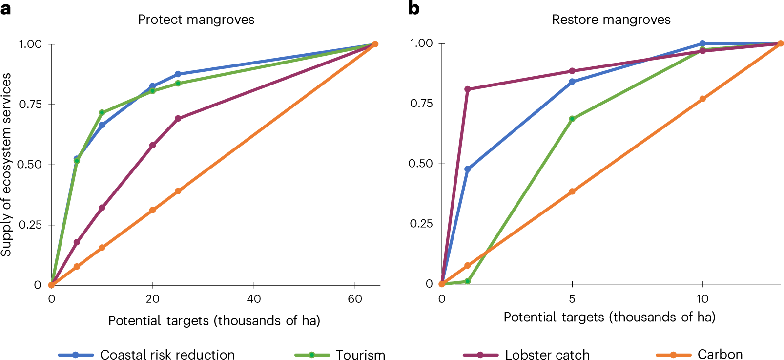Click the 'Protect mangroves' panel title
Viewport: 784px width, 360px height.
pyautogui.click(x=196, y=20)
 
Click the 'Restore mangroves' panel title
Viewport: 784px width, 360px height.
pyautogui.click(x=611, y=20)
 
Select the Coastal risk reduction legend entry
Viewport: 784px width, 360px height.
pyautogui.click(x=167, y=355)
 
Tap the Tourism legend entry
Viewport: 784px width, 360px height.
pyautogui.click(x=360, y=355)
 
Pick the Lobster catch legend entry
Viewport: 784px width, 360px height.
pyautogui.click(x=547, y=355)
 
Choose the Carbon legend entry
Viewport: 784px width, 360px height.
pyautogui.click(x=720, y=355)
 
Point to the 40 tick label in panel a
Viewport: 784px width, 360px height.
pyautogui.click(x=254, y=299)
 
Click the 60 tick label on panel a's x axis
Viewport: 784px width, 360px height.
pyautogui.click(x=355, y=299)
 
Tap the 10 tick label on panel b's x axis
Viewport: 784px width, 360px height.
pyautogui.click(x=702, y=298)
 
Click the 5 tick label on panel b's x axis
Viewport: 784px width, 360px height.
pyautogui.click(x=572, y=298)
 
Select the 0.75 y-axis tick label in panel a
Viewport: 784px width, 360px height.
pyautogui.click(x=30, y=105)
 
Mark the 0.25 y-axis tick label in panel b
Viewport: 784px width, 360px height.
pyautogui.click(x=421, y=224)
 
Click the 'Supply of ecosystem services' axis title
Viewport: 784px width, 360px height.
pyautogui.click(x=6, y=165)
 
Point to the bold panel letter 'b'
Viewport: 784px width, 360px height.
pyautogui.click(x=413, y=8)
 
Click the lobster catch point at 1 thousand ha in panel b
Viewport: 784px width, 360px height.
pyautogui.click(x=468, y=89)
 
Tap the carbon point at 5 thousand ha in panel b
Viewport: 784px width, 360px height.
pyautogui.click(x=572, y=192)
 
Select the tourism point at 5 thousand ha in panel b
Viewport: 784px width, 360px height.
pyautogui.click(x=572, y=119)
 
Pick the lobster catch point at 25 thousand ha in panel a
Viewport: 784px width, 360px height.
pyautogui.click(x=178, y=119)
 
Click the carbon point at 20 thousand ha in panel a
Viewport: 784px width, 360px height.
pyautogui.click(x=153, y=210)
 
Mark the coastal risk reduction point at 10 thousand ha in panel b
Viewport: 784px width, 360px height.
pyautogui.click(x=702, y=43)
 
